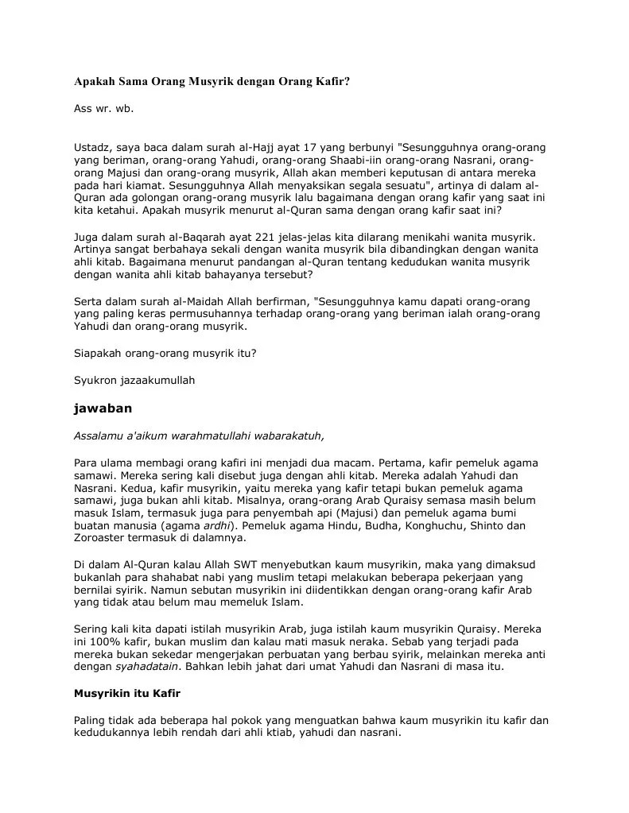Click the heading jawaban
pos(103,408)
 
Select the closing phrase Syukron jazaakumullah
pos(134,380)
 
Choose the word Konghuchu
pos(435,525)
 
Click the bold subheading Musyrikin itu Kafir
pos(127,694)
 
